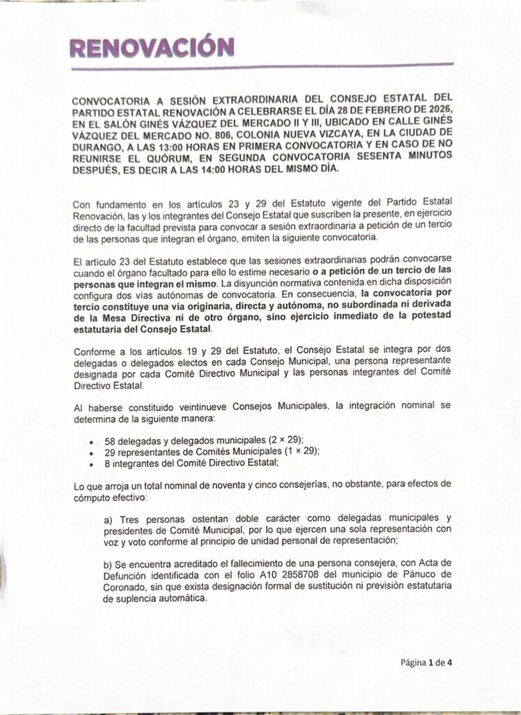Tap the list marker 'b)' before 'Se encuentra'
(x=108, y=563)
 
